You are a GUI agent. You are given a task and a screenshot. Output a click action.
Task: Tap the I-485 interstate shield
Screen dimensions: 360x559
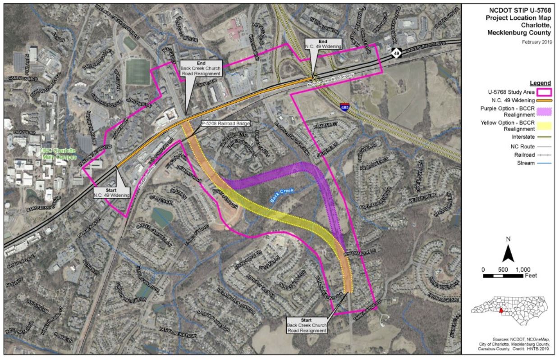pos(344,107)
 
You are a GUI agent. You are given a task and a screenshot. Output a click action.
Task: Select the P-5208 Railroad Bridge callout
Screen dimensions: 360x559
pos(225,123)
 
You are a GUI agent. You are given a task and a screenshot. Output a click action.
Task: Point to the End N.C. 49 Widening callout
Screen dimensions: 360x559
pos(317,43)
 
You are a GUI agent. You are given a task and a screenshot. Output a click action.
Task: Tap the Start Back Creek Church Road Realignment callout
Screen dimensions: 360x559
pos(307,325)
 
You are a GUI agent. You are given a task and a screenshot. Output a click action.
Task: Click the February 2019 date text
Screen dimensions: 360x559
pos(539,42)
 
